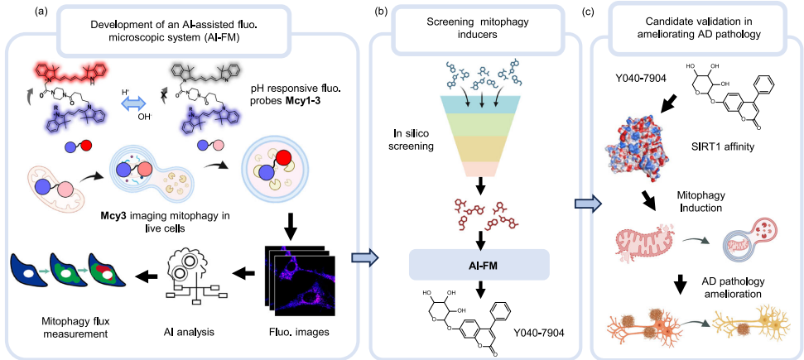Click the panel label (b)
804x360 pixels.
[379, 12]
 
